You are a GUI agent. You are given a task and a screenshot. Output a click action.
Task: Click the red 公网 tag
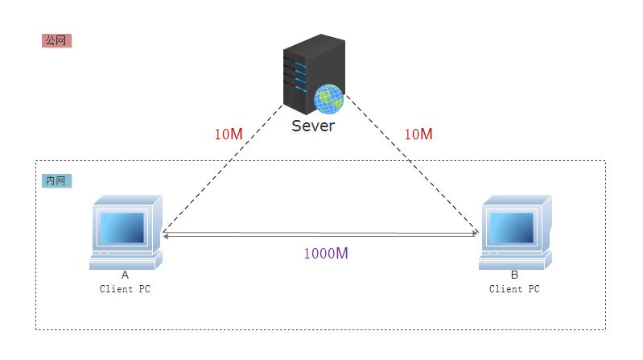[56, 40]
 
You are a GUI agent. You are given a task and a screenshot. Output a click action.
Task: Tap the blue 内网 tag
[56, 180]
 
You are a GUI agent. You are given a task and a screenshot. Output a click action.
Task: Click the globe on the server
[328, 98]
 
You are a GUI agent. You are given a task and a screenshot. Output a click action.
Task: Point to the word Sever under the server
[313, 126]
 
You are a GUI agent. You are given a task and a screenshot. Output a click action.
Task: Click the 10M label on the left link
[229, 134]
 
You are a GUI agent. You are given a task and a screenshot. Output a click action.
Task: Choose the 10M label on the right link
[418, 134]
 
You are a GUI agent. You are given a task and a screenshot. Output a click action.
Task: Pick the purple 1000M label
[326, 253]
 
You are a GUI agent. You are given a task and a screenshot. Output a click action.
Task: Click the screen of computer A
[122, 227]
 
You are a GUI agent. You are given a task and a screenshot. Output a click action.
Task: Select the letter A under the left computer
[125, 275]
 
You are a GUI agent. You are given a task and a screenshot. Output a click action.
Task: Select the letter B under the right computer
[514, 275]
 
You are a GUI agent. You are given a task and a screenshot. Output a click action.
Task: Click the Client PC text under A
[125, 289]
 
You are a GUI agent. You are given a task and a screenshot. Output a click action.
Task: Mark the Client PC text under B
[514, 289]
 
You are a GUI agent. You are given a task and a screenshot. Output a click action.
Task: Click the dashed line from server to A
[209, 177]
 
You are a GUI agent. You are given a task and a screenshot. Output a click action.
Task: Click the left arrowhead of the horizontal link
[165, 235]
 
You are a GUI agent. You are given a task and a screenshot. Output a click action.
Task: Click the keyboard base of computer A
[125, 259]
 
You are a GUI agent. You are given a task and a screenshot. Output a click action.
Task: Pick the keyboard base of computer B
[514, 259]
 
